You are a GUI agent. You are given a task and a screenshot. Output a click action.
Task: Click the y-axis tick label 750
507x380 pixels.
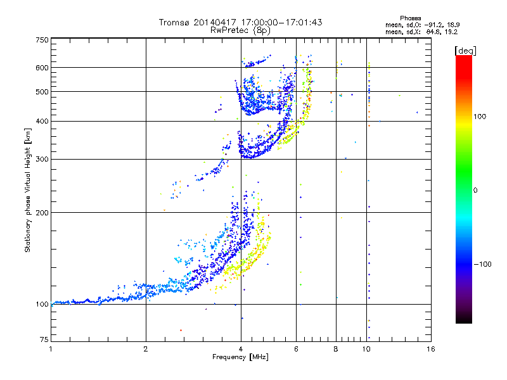(42, 40)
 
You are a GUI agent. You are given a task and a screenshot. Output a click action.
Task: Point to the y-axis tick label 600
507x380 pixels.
(42, 68)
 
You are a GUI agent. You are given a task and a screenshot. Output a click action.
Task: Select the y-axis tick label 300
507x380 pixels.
(42, 160)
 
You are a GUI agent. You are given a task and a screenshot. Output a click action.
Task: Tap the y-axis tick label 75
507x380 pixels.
(44, 340)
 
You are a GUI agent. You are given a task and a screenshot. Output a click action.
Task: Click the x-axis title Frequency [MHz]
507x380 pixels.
(240, 358)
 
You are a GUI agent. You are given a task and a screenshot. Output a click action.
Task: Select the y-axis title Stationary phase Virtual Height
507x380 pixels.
(28, 190)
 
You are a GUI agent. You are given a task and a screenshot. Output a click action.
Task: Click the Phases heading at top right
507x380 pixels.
(411, 18)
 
